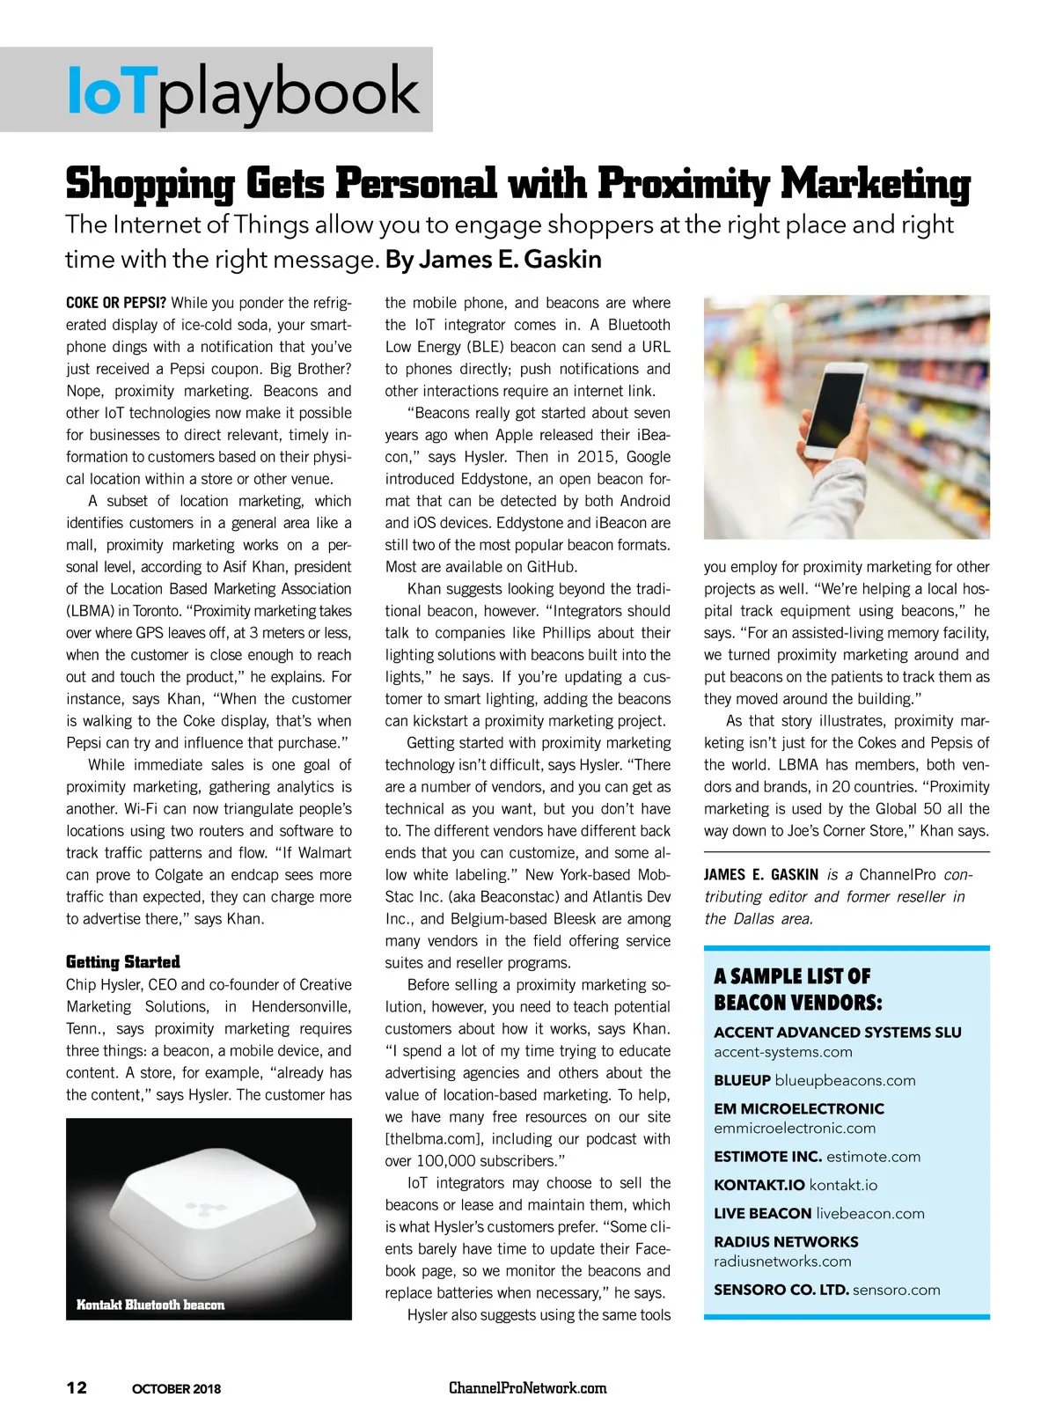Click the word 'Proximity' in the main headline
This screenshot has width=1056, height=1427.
pos(683,184)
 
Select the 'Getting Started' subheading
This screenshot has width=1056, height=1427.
pos(123,962)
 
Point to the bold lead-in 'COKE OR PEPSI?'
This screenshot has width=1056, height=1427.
pos(116,303)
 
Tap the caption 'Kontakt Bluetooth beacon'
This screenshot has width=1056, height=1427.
pos(150,1305)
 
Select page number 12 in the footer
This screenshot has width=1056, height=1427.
pos(77,1387)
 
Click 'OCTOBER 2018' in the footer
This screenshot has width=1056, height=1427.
pos(176,1389)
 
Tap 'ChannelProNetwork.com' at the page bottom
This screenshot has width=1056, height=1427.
pos(527,1388)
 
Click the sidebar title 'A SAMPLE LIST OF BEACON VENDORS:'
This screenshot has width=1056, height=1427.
pos(797,989)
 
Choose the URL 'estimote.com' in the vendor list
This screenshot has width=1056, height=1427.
pos(873,1157)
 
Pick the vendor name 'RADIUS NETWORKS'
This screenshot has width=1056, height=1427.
pos(786,1242)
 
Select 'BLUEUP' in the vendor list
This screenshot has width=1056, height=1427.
pos(742,1080)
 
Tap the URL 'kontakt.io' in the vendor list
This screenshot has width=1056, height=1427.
pos(843,1185)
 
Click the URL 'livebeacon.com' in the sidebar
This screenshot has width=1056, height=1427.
pos(869,1213)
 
